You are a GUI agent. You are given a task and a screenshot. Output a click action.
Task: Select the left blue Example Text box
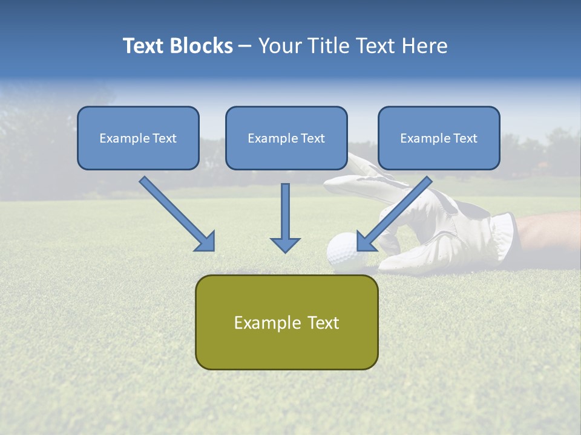(x=138, y=138)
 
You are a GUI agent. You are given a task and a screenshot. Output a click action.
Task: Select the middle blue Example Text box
(x=286, y=138)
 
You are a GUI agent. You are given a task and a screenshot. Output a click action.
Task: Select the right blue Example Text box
(x=439, y=138)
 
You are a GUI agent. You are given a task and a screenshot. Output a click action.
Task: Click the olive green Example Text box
(x=286, y=322)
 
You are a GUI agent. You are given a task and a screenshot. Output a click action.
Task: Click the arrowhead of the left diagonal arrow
(x=205, y=241)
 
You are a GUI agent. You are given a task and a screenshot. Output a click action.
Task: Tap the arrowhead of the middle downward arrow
(x=285, y=244)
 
